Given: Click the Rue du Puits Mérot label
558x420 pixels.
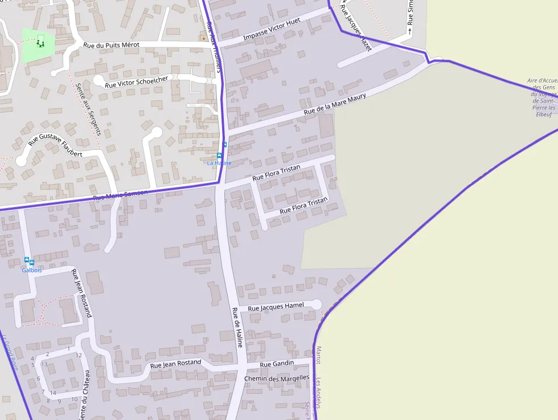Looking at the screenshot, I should [111, 45].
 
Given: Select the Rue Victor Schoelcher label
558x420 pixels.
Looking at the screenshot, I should [137, 81].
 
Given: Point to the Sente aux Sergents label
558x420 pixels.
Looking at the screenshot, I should [88, 108].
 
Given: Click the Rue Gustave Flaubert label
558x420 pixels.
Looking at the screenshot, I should [55, 145].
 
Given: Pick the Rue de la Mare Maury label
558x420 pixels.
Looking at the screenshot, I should [335, 104].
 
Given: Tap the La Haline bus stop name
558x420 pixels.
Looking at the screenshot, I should [219, 163].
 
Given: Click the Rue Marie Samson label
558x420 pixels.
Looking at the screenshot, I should [120, 195].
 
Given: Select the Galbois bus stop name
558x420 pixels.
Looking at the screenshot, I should [32, 270].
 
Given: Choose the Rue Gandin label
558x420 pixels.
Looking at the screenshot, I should [277, 364].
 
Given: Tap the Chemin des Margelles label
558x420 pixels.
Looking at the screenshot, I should [276, 378].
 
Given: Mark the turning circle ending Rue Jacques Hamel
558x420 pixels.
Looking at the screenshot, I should [316, 304].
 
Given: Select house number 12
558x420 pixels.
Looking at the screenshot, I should [79, 355].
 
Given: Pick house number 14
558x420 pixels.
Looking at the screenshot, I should [53, 393].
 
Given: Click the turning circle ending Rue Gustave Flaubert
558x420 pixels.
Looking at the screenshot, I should [21, 161].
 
